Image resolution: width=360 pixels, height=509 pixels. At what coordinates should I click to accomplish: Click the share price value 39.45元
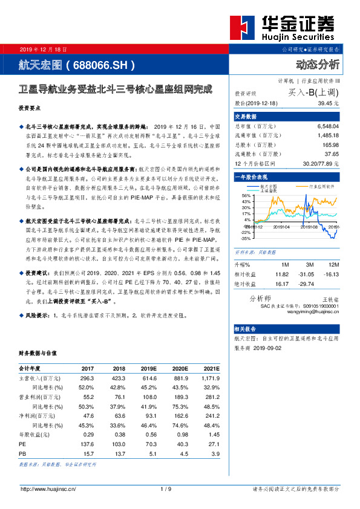point(329,104)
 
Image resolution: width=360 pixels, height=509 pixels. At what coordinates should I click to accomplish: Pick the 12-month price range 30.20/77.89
point(322,163)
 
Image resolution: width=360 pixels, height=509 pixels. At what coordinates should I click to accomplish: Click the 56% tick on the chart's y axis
point(246,195)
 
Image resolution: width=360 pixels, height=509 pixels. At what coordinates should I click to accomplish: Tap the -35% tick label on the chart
point(245,238)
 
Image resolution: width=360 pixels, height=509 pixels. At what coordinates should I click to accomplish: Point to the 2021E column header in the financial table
point(211,368)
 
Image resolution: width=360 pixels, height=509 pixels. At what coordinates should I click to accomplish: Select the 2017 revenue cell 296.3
point(86,378)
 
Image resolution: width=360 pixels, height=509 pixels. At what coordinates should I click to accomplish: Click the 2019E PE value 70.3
point(149,443)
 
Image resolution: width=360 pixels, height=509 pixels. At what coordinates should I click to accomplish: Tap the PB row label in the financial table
point(23,453)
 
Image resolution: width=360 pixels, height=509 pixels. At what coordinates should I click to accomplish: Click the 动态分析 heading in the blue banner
point(318,64)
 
